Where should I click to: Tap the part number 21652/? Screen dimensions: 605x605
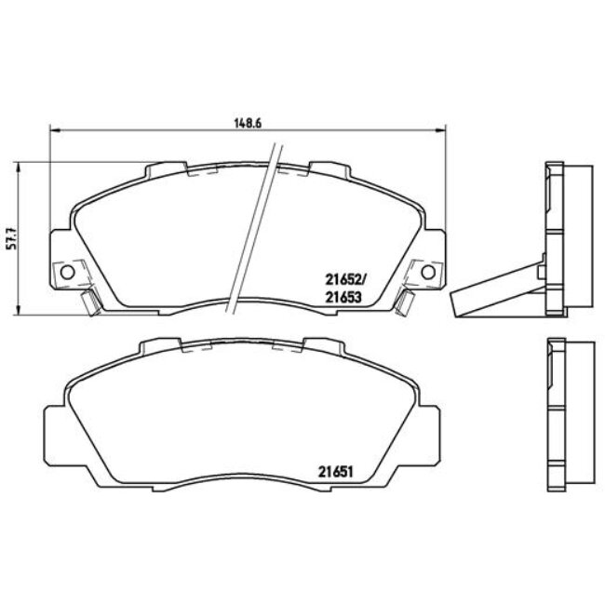click(341, 277)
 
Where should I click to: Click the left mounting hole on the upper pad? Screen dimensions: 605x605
click(65, 272)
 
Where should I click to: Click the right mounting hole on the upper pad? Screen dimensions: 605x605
click(427, 272)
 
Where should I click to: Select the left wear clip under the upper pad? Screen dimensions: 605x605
click(89, 302)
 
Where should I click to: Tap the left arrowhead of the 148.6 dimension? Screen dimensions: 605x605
click(50, 130)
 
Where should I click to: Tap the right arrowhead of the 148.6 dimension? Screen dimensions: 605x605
click(441, 130)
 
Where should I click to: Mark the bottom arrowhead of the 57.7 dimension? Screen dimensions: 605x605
click(19, 313)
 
